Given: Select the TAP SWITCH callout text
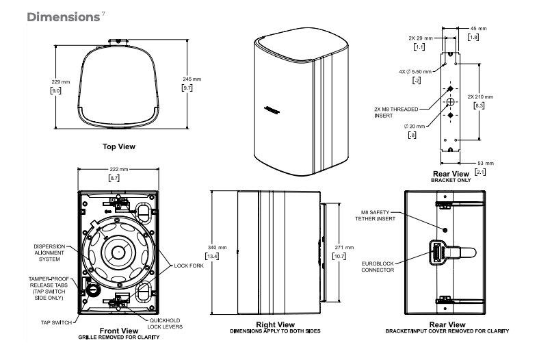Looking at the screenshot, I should click(x=51, y=320).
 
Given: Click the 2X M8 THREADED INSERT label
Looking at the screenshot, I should click(x=397, y=112).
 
